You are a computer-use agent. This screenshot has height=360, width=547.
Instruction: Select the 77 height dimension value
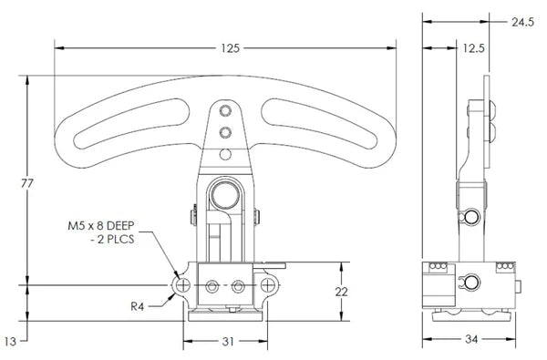pyautogui.click(x=26, y=183)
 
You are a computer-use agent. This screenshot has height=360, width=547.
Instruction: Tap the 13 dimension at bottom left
pyautogui.click(x=11, y=341)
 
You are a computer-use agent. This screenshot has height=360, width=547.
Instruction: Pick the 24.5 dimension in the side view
pyautogui.click(x=522, y=21)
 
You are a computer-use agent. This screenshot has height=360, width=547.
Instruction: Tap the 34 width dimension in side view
pyautogui.click(x=472, y=341)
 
